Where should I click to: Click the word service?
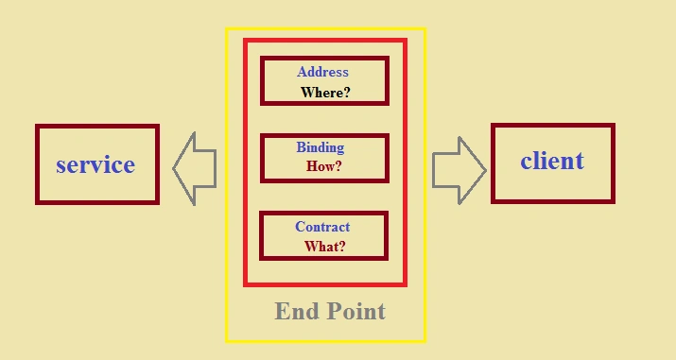point(95,165)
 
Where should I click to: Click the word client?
point(552,161)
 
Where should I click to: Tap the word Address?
point(322,72)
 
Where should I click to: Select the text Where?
point(325,93)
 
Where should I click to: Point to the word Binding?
point(321,147)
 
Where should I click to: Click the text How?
point(323,166)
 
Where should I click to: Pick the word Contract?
point(322,227)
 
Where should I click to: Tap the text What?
point(324,247)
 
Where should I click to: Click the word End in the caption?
point(294,311)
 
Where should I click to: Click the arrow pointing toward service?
point(195,169)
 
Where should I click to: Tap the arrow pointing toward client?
point(459,170)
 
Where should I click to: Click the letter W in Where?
point(308,93)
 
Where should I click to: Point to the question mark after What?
point(341,247)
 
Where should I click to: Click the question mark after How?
point(338,166)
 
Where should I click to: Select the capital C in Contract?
point(300,227)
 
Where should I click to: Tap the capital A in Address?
point(302,72)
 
